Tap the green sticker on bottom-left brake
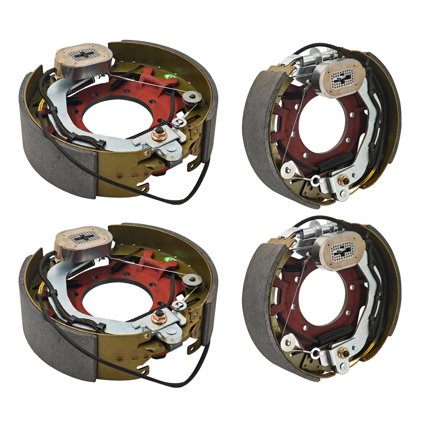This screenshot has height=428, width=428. pyautogui.click(x=171, y=260)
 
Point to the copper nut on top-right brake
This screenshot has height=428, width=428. pyautogui.click(x=344, y=179)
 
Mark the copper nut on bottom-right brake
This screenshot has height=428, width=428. pyautogui.click(x=344, y=352)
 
